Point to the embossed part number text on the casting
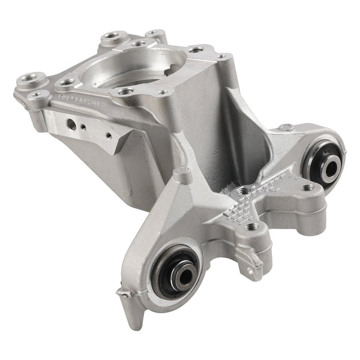click(x=78, y=98)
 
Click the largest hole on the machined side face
click(x=72, y=124)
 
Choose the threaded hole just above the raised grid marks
click(x=245, y=191)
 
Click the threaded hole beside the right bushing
click(x=310, y=188)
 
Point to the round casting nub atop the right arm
click(x=287, y=127)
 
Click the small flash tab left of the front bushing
click(x=124, y=293)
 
